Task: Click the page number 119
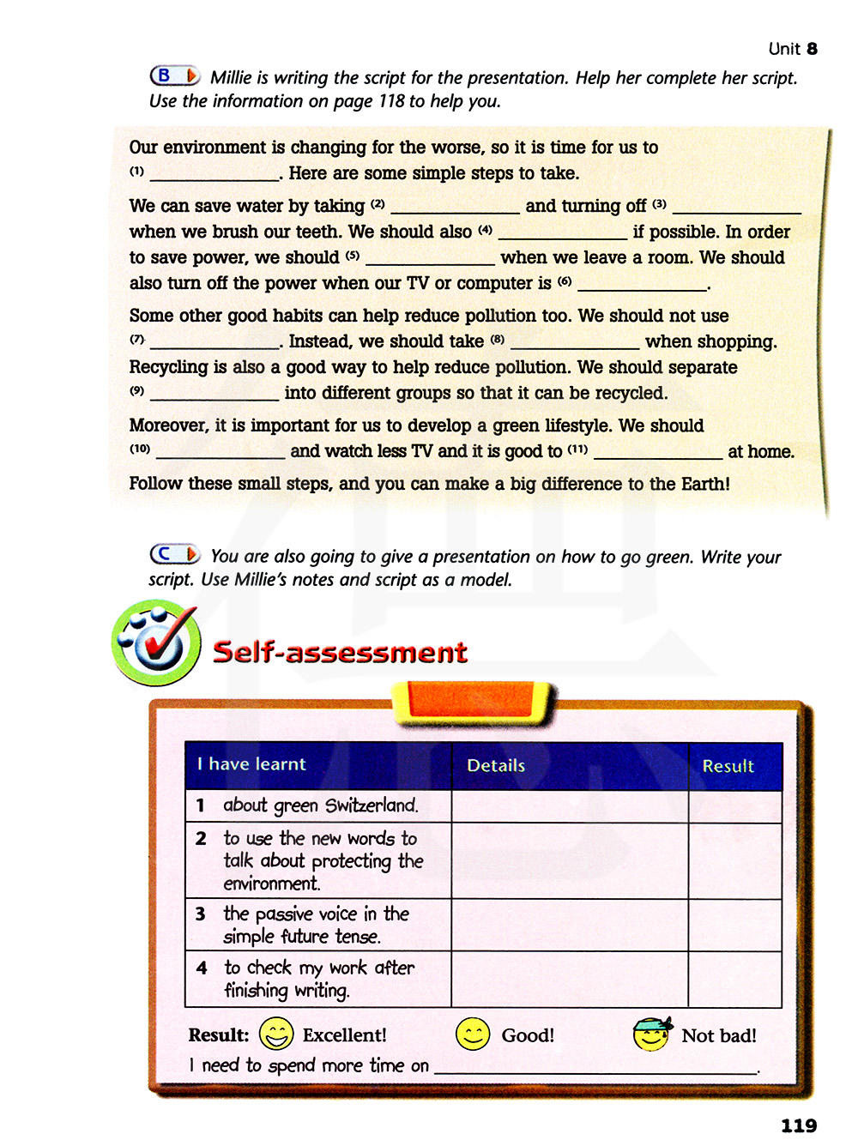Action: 798,1125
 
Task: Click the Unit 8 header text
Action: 793,49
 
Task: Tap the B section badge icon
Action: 175,76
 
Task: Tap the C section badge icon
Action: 175,555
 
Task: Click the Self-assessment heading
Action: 340,652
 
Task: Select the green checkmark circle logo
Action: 156,642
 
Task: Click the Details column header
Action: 496,766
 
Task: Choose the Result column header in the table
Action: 728,766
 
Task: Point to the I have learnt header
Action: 251,764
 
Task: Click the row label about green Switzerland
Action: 320,805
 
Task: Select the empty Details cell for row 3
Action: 570,925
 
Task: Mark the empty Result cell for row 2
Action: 734,860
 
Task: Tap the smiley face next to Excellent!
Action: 276,1034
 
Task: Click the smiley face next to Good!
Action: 473,1034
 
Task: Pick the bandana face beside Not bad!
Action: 652,1034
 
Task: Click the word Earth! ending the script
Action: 705,484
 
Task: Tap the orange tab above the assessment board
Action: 474,700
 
